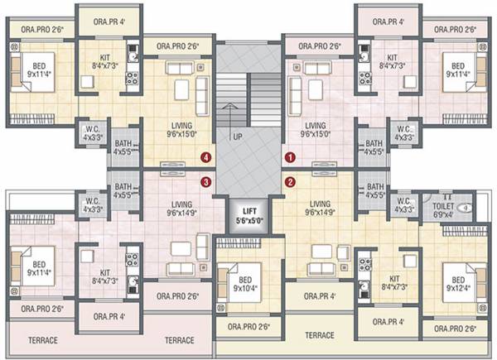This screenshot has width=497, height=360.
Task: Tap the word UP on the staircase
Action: coord(237,136)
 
